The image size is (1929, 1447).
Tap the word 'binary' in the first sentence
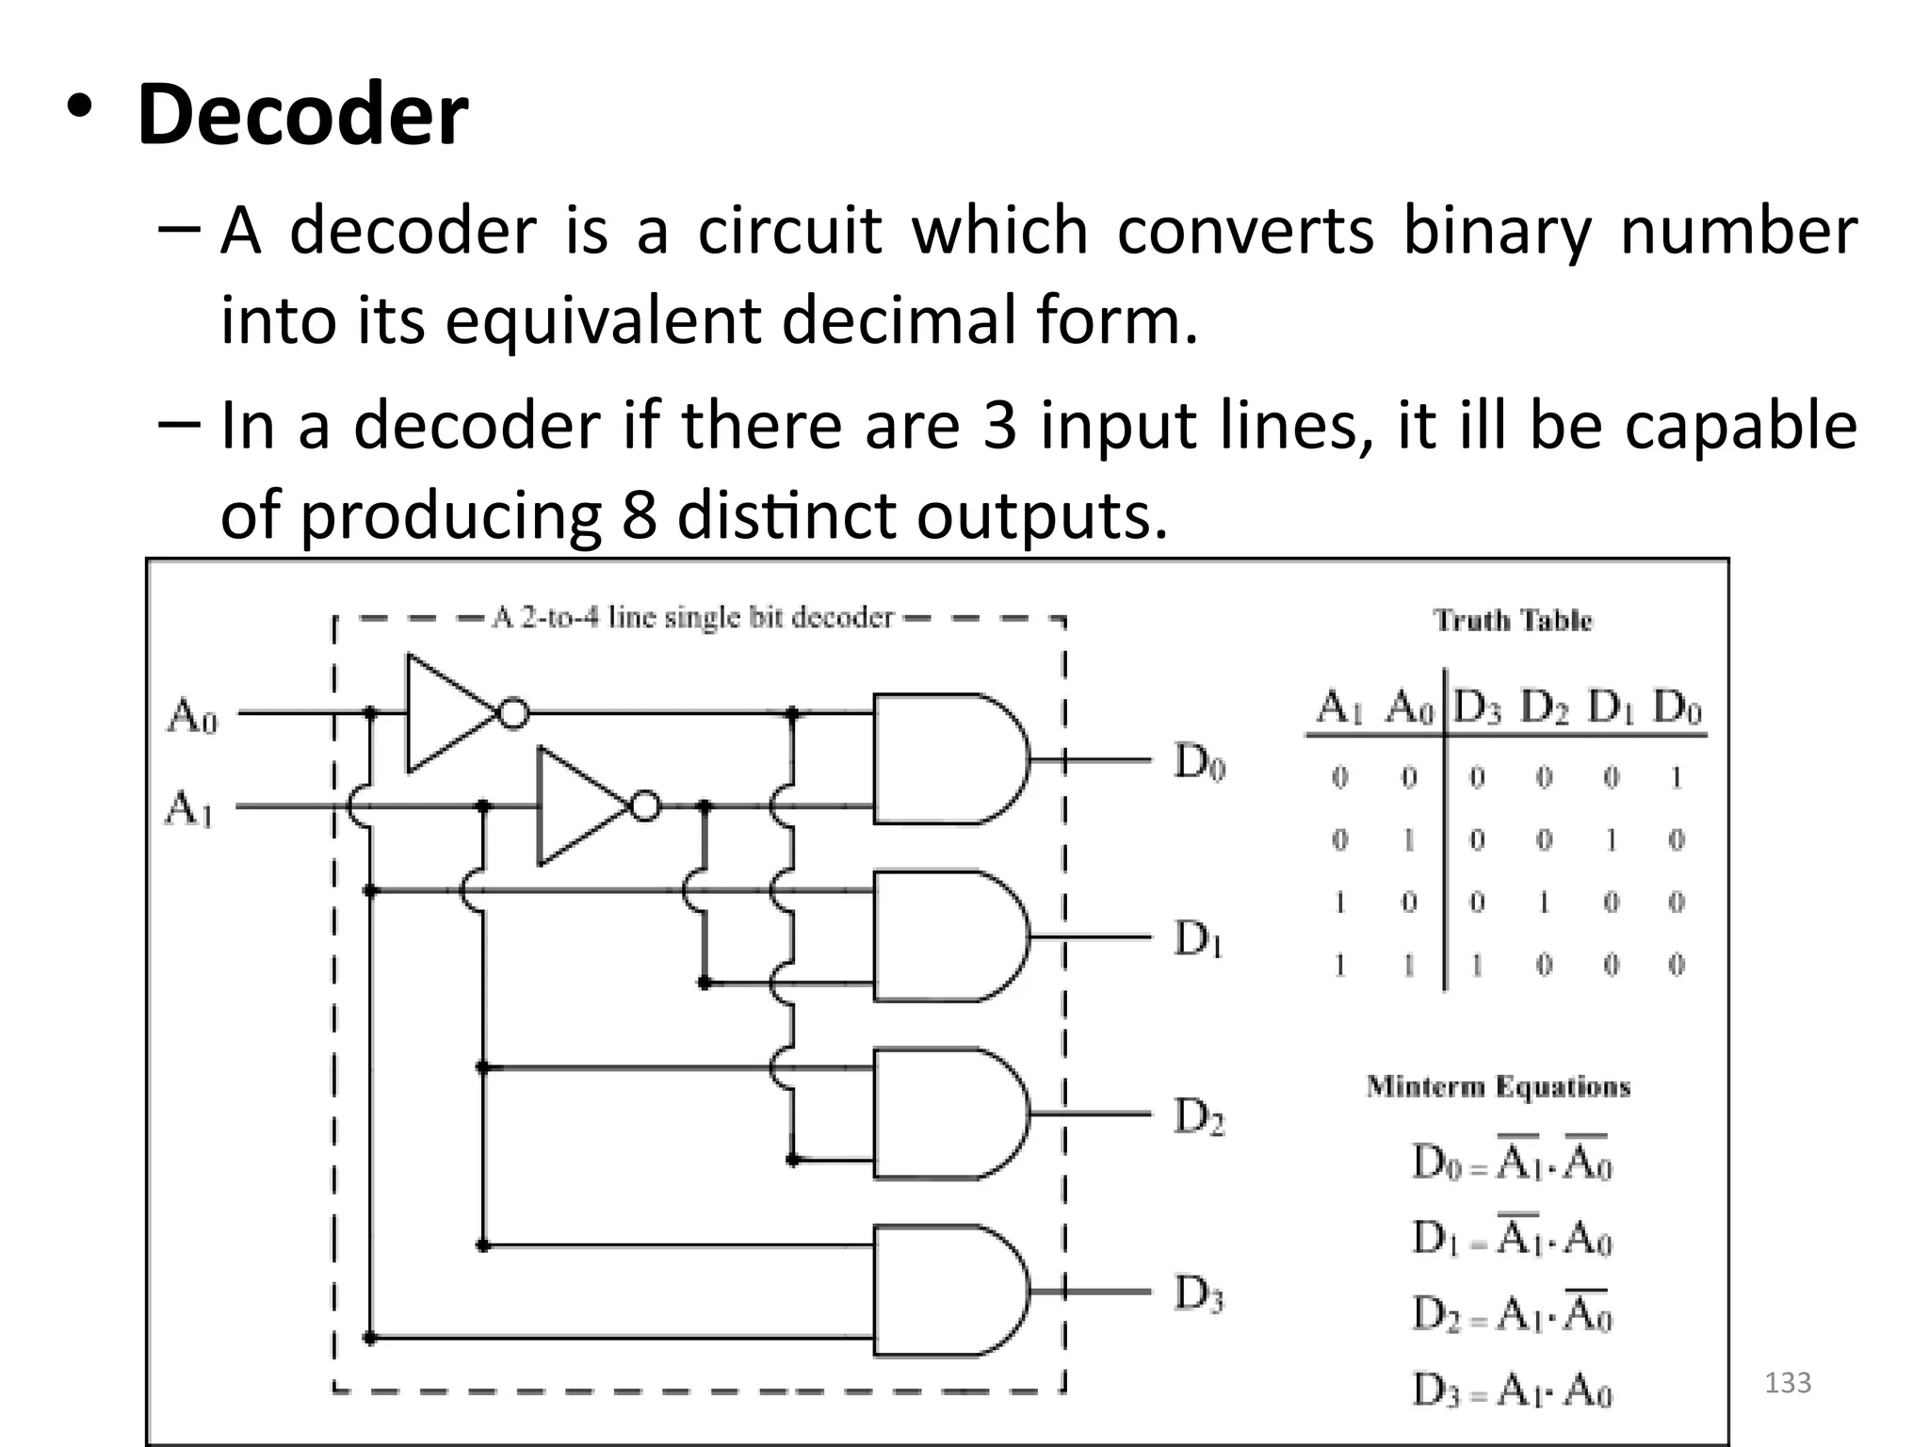click(1497, 231)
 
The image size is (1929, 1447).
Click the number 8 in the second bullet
click(638, 515)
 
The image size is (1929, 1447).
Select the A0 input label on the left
click(192, 716)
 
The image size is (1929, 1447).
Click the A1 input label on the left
click(189, 808)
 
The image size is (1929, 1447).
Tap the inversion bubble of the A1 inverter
click(644, 806)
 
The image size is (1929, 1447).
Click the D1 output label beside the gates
click(1198, 938)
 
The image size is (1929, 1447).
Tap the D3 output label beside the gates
click(1198, 1294)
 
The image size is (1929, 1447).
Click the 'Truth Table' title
click(1512, 620)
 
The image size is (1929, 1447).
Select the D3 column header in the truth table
click(1476, 707)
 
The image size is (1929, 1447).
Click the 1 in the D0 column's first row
click(1676, 777)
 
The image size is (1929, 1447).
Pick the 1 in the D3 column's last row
click(1476, 965)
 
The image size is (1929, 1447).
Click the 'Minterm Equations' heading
click(1498, 1086)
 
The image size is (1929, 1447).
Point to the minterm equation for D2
click(1512, 1311)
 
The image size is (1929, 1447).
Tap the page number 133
click(1787, 1383)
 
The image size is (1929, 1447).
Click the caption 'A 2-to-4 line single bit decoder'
click(692, 618)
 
